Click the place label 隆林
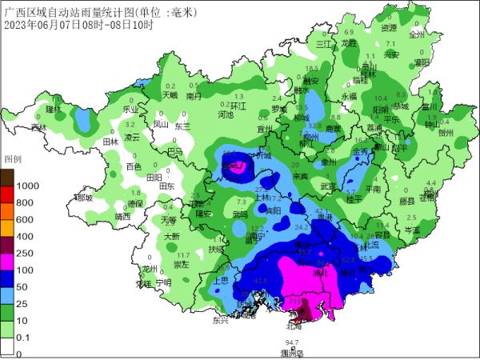tap(54, 108)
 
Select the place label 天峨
tap(170, 95)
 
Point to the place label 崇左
tap(180, 264)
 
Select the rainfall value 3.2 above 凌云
tap(130, 125)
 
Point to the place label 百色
tap(134, 166)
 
